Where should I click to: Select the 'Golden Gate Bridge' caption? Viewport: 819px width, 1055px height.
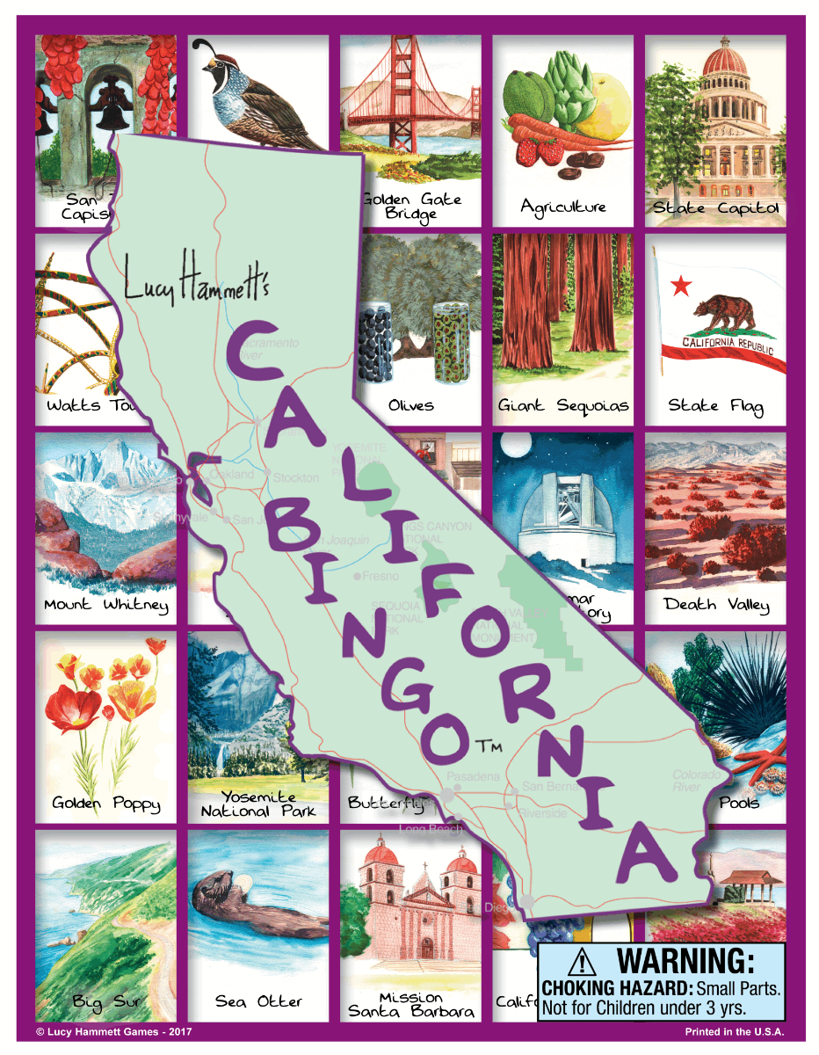pos(411,206)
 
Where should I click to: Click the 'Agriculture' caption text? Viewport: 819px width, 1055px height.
pos(563,207)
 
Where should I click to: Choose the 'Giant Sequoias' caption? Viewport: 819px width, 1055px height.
pos(563,406)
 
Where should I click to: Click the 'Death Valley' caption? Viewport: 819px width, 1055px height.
pos(716,605)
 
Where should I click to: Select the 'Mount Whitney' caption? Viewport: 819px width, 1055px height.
pos(106,605)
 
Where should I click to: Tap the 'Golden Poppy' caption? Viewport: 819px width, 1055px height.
pos(106,804)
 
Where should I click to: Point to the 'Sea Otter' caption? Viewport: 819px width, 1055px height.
pos(258,1001)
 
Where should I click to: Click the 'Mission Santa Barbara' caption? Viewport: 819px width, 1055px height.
pos(411,1004)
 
